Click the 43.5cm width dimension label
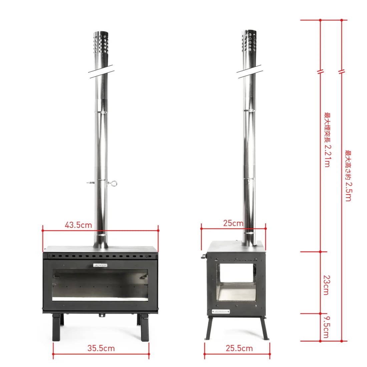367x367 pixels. [78, 225]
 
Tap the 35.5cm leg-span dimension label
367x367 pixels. [101, 348]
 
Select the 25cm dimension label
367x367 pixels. [233, 223]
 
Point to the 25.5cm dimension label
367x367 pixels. [239, 348]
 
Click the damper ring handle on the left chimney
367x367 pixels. [113, 182]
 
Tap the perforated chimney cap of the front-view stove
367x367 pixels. [101, 42]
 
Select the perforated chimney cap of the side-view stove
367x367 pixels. [249, 41]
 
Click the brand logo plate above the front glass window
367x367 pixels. [100, 265]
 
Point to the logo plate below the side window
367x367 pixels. [221, 311]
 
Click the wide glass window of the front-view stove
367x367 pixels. [100, 285]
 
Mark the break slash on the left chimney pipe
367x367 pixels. [101, 71]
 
